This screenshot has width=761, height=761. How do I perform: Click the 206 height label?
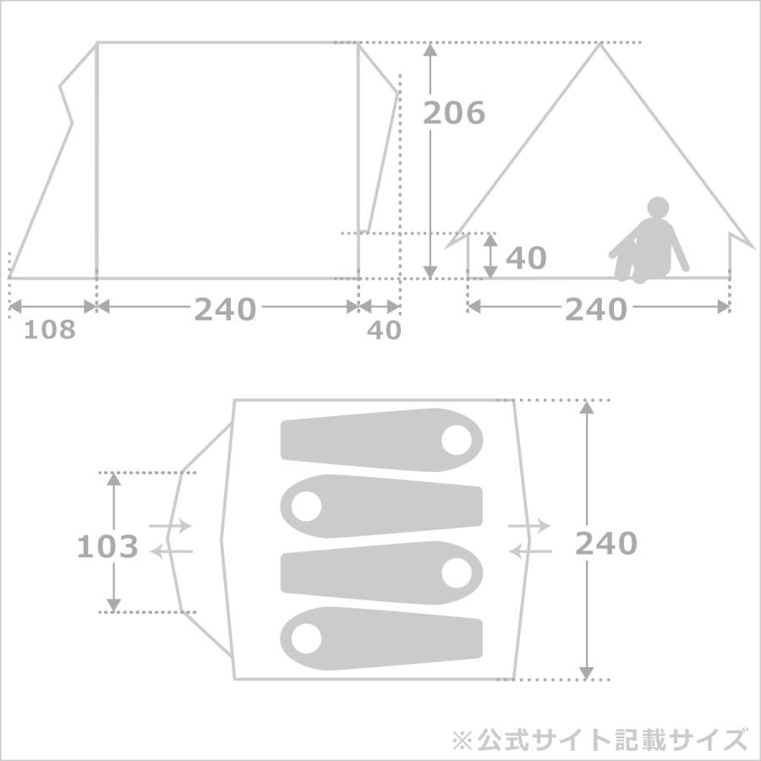pyautogui.click(x=454, y=113)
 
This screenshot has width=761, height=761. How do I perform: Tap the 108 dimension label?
pyautogui.click(x=49, y=330)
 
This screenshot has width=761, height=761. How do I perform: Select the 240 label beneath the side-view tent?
pyautogui.click(x=225, y=309)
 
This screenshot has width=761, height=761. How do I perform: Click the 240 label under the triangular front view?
pyautogui.click(x=596, y=309)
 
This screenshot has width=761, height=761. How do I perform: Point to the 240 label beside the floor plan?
pyautogui.click(x=605, y=543)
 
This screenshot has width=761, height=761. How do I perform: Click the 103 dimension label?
pyautogui.click(x=107, y=547)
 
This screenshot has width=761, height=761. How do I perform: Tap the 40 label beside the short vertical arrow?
pyautogui.click(x=526, y=258)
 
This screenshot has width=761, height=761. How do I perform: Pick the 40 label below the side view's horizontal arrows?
pyautogui.click(x=384, y=331)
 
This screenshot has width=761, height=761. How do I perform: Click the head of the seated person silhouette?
pyautogui.click(x=658, y=207)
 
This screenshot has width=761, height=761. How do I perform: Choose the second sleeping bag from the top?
pyautogui.click(x=380, y=506)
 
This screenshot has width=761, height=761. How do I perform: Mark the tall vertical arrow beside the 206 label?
pyautogui.click(x=430, y=161)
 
